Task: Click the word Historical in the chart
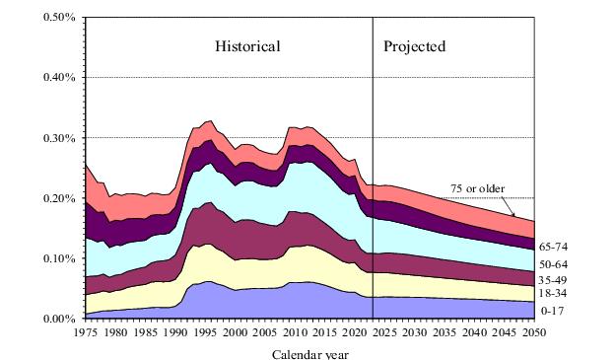click(248, 46)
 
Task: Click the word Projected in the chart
click(414, 46)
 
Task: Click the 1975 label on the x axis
click(86, 333)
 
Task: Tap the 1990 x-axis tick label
click(175, 333)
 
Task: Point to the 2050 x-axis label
click(533, 333)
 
